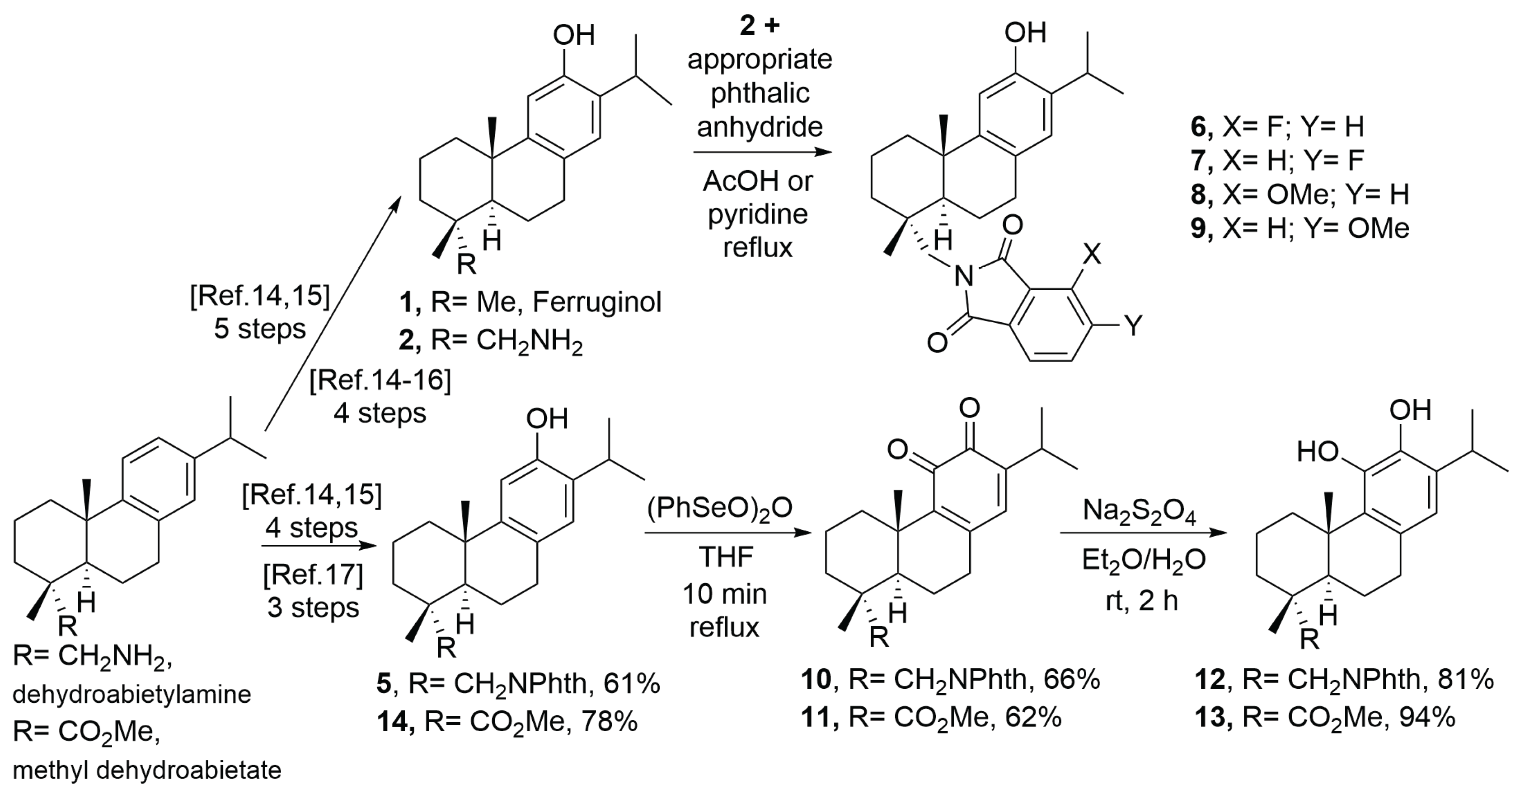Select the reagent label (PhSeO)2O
[x=719, y=508]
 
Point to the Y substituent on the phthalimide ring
[x=1134, y=325]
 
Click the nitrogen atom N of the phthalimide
[x=964, y=276]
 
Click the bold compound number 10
[x=816, y=680]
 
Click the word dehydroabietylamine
[x=131, y=695]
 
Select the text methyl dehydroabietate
[x=147, y=770]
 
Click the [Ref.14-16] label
[x=380, y=381]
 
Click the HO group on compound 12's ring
[x=1317, y=452]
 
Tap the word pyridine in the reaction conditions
[x=758, y=213]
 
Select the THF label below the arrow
[x=726, y=556]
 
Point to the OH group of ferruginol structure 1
[x=573, y=35]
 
